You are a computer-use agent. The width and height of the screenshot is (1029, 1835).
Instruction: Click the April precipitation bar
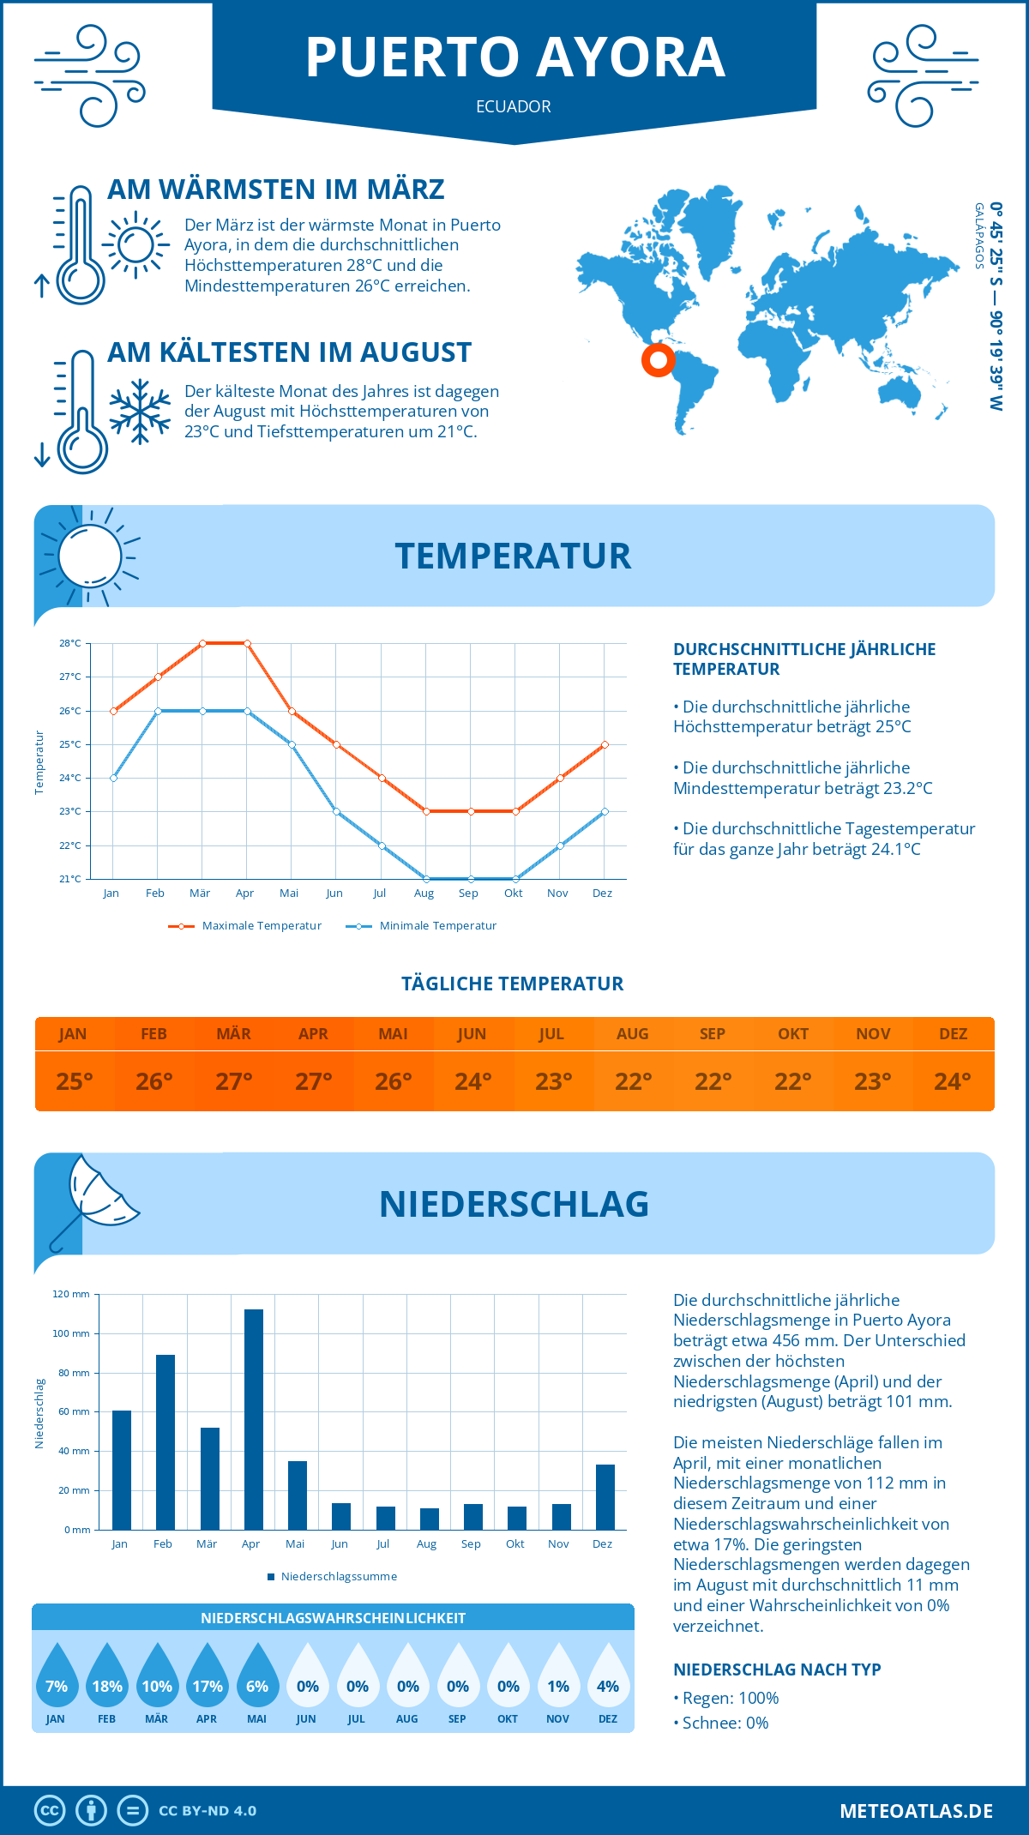tap(254, 1419)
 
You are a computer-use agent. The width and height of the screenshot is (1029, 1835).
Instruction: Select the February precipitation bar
tap(165, 1441)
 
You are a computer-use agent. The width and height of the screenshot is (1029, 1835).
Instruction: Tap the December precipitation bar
tap(605, 1496)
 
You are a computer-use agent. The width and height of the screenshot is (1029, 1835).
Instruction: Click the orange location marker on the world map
tap(659, 360)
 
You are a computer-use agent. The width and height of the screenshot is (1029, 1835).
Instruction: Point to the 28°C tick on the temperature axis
tap(70, 643)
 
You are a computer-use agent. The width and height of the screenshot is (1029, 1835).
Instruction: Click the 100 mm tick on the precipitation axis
tap(71, 1333)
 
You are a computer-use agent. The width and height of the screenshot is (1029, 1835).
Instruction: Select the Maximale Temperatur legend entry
tap(245, 926)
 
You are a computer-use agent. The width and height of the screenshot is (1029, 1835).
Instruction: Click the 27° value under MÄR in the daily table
tap(233, 1081)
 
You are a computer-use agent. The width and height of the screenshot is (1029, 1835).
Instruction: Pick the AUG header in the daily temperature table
tap(633, 1034)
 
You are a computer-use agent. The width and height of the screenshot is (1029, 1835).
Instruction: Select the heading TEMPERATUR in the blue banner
tap(513, 556)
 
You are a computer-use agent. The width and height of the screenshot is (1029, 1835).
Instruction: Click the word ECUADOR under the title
tap(514, 107)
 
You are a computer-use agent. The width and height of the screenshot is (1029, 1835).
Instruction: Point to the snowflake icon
tap(140, 412)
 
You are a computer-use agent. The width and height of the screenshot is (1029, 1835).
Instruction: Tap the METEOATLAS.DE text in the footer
tap(916, 1811)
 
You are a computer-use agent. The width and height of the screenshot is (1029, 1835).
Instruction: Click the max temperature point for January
tap(113, 711)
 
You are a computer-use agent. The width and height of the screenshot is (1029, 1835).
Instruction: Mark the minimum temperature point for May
tap(292, 744)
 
